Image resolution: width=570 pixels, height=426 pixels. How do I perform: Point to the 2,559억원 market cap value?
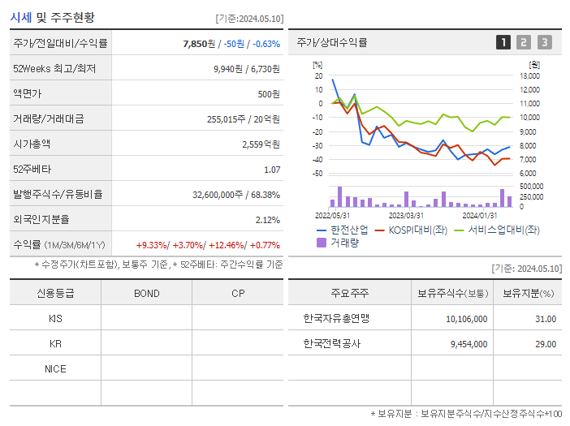(x=261, y=144)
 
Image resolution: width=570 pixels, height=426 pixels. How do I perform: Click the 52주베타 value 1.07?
(x=272, y=170)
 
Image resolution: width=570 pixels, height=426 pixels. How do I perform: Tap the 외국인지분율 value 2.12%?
(x=267, y=220)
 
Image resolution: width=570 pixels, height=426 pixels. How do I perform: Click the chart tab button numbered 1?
(x=503, y=42)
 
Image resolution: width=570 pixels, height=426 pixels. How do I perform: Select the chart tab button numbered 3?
(x=544, y=42)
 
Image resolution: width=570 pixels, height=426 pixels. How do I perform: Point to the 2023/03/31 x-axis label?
(x=406, y=215)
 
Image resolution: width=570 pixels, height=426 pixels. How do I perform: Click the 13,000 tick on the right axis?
(x=529, y=75)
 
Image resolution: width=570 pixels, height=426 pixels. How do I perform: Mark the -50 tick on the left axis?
(x=317, y=174)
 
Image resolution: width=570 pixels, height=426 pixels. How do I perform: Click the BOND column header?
(x=146, y=294)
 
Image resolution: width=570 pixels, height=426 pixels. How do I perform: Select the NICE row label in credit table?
(x=55, y=368)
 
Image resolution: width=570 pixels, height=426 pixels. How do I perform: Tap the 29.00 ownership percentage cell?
(x=546, y=343)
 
